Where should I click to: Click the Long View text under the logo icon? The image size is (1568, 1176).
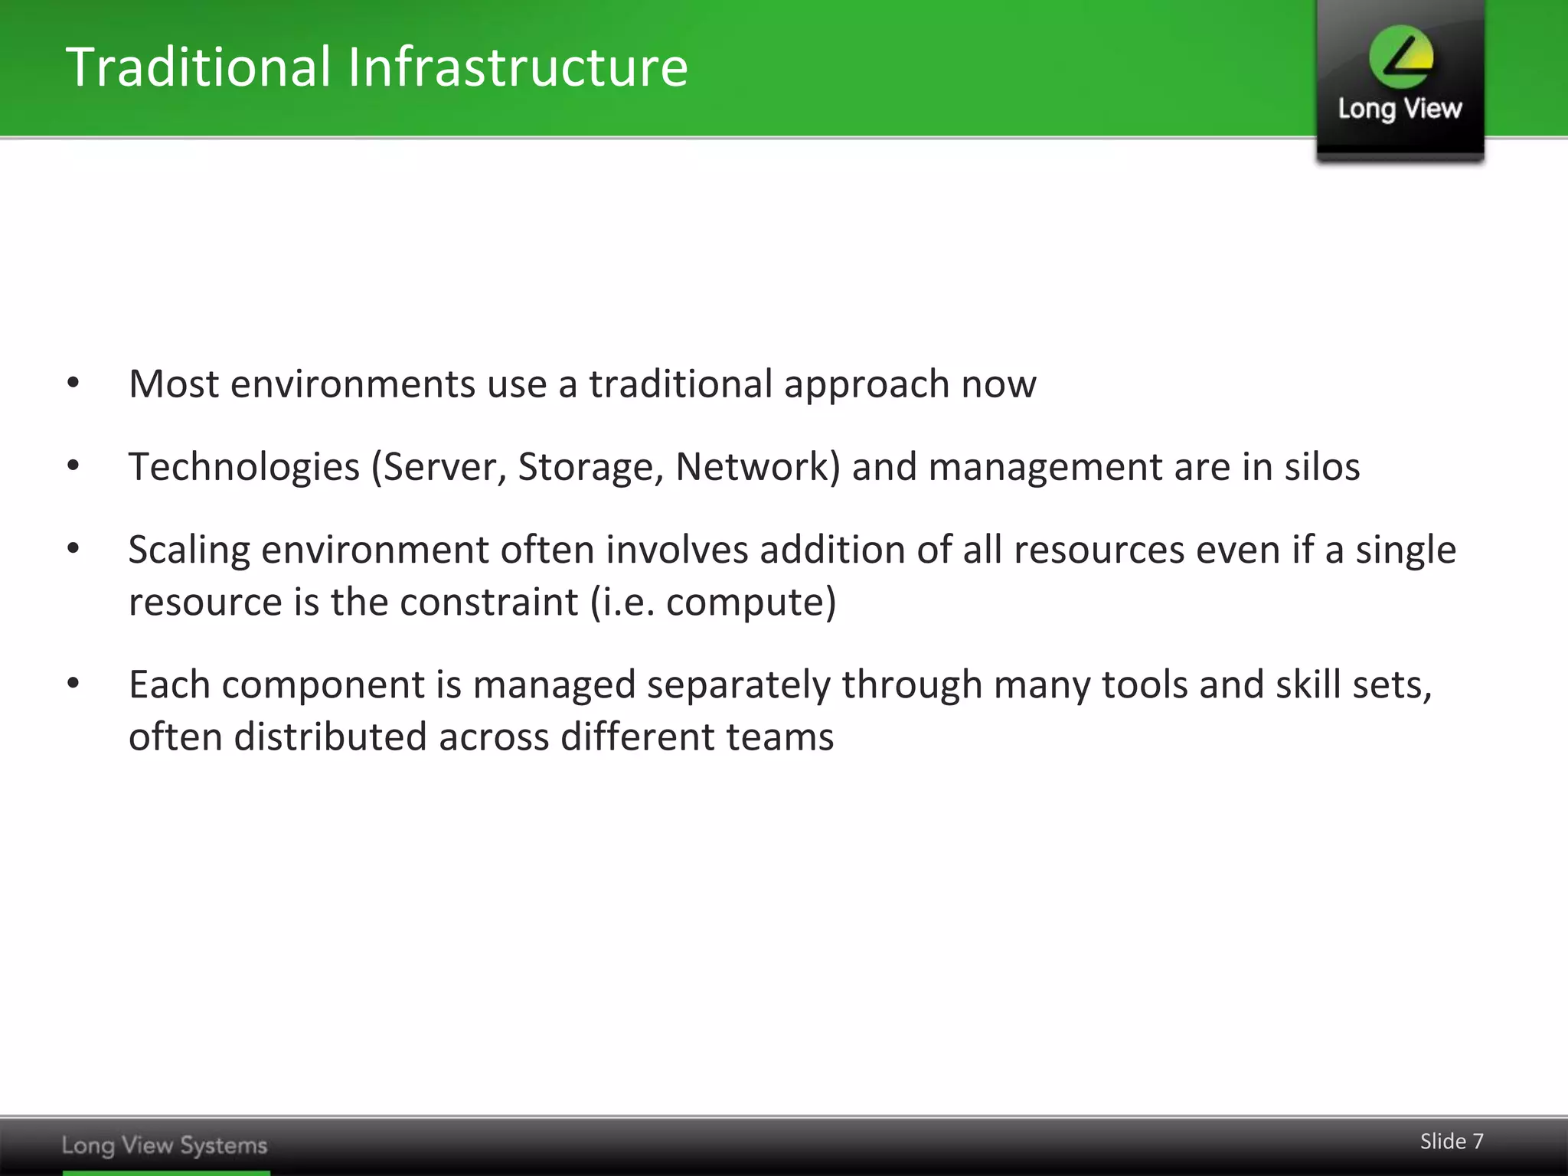[x=1400, y=109]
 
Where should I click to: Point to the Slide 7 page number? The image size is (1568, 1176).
[x=1452, y=1142]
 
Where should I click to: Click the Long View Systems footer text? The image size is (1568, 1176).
[x=165, y=1145]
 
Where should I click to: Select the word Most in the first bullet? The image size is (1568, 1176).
[x=174, y=384]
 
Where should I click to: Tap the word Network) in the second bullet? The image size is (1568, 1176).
[x=758, y=467]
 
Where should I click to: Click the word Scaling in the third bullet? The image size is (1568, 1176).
[x=189, y=550]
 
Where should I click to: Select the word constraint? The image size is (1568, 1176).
[x=488, y=602]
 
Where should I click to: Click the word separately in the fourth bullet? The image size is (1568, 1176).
[x=738, y=684]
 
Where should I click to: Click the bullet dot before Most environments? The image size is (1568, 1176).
[x=73, y=383]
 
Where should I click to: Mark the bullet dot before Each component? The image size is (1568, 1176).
[x=73, y=683]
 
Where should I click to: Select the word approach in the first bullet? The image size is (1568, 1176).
[x=867, y=385]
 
